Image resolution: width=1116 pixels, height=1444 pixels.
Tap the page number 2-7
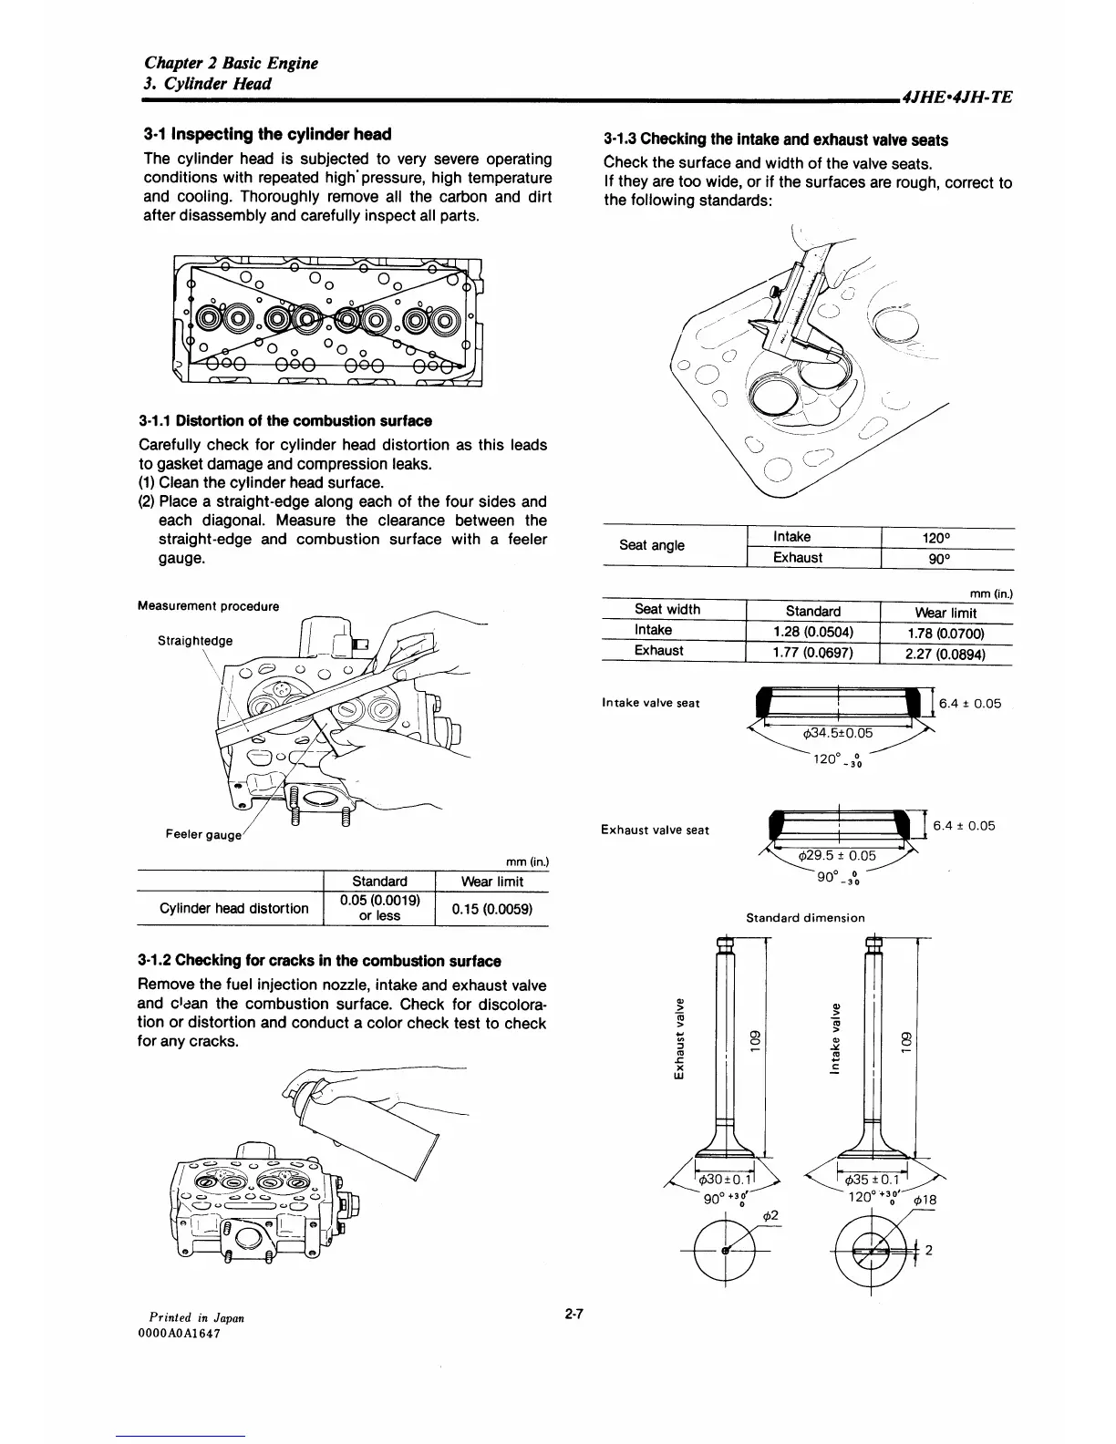coord(573,1314)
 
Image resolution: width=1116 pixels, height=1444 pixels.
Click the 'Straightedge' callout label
coord(195,640)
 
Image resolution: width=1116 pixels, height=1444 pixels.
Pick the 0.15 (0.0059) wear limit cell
coord(492,909)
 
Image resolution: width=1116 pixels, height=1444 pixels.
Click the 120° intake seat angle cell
coord(949,538)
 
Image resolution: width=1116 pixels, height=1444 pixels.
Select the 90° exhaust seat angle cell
coord(949,558)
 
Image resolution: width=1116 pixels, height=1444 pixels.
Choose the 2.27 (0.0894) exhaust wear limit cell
coord(947,653)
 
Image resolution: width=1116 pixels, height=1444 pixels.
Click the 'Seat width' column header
coord(667,610)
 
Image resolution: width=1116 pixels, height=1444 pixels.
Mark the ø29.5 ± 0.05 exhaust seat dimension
coord(836,855)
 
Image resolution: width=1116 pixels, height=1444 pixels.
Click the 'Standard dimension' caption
coord(805,918)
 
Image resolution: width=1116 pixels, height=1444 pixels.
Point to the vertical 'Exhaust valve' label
coord(677,1039)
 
